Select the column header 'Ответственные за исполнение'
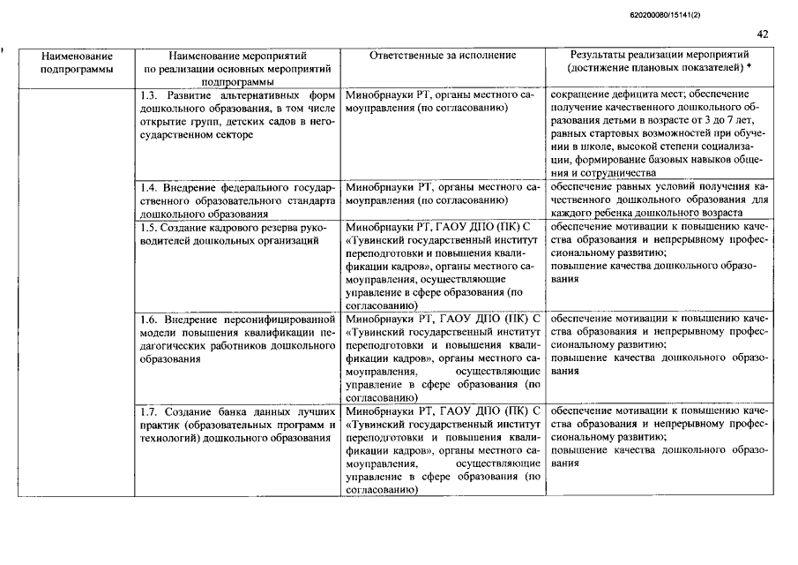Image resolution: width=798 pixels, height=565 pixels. coord(444,56)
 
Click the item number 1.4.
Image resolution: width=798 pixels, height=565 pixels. coord(150,188)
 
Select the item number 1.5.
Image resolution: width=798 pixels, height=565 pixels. coord(149,228)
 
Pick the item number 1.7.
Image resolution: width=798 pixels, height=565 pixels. coord(150,411)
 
